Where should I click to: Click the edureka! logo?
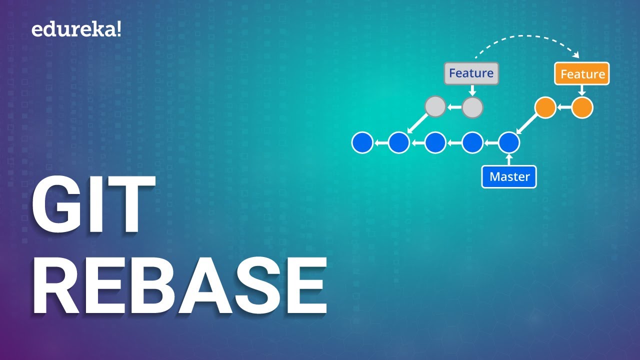76,29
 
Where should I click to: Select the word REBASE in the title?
179,285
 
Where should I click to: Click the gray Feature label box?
471,73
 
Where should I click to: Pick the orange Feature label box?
582,73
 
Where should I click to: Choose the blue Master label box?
509,176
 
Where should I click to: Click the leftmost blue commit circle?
362,142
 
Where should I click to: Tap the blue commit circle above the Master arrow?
509,142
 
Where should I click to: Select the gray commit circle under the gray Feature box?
472,107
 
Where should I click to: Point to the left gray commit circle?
435,106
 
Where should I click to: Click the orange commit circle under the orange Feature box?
582,107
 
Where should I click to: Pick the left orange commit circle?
545,107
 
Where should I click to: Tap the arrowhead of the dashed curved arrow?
576,54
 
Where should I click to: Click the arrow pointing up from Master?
509,159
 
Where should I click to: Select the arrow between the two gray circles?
454,107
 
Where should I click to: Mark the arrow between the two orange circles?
564,107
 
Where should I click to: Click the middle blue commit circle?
435,142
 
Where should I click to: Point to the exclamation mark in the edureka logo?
118,29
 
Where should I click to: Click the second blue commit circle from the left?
399,142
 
